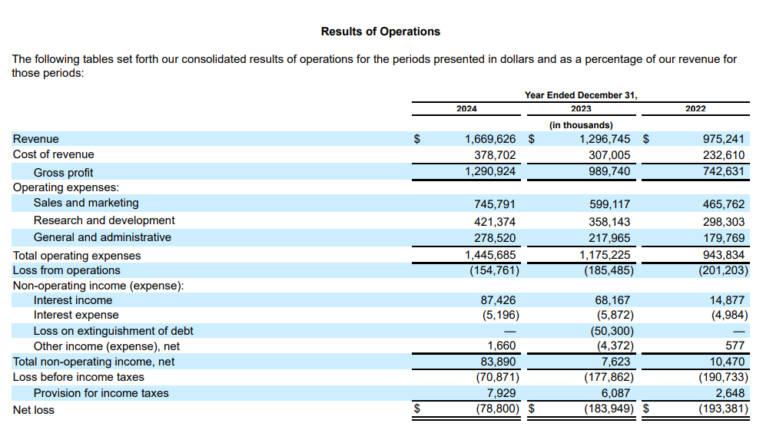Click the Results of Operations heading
point(380,31)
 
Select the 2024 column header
point(466,109)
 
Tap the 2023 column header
point(581,109)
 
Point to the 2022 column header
point(695,109)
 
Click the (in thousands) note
point(581,125)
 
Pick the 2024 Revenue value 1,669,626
point(490,139)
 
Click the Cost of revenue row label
point(54,154)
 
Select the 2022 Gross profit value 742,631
point(724,171)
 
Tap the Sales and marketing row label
point(86,203)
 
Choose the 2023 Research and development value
point(609,222)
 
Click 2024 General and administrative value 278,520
point(495,238)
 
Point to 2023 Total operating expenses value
point(605,255)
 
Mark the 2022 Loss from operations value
point(724,270)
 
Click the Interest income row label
point(73,300)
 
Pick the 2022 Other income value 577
point(735,346)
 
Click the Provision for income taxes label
point(101,393)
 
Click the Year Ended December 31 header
point(581,95)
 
